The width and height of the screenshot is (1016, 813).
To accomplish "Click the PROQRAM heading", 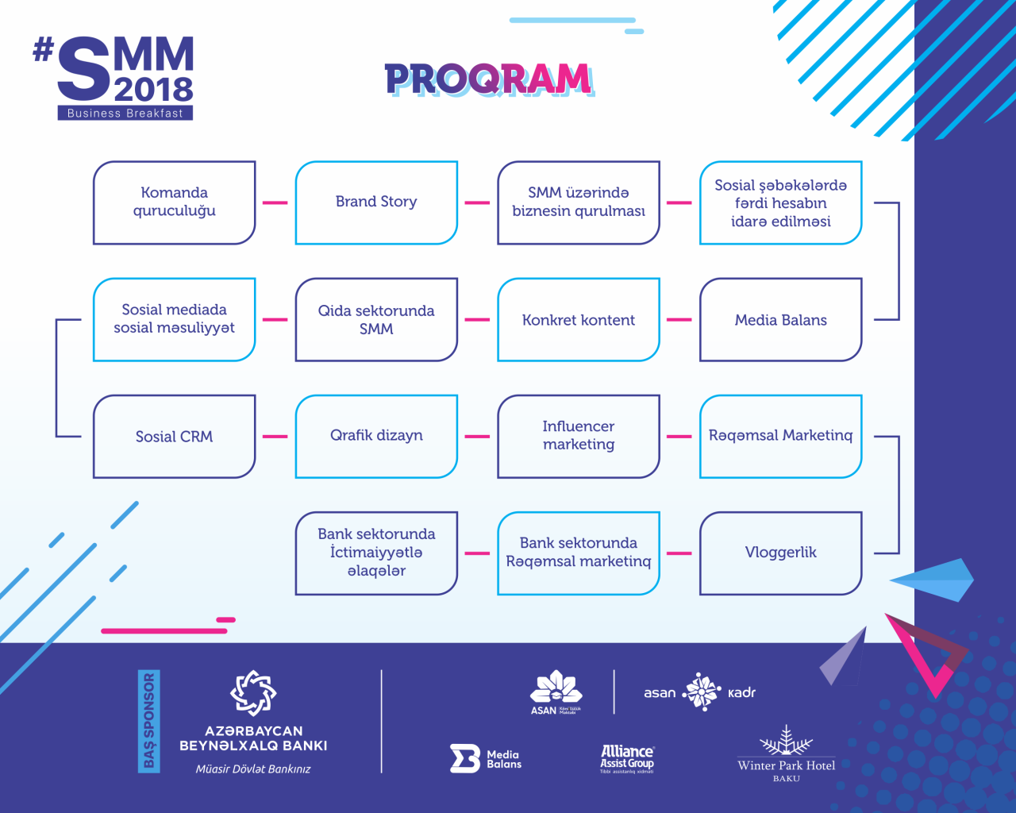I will (488, 79).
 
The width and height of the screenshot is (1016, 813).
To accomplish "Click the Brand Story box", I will (376, 202).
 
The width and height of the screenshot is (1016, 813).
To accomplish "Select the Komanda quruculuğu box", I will (174, 202).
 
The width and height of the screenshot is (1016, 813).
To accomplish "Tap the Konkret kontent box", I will (579, 320).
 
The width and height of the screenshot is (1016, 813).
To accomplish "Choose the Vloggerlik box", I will (780, 553).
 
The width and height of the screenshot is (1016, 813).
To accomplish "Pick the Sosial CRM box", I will (174, 437).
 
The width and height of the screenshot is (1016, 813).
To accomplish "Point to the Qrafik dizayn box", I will (376, 436).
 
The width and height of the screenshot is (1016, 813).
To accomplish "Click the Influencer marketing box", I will (579, 436).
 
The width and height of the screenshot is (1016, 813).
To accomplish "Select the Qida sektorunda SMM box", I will (376, 320).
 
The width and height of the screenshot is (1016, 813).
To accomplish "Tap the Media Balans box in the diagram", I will (780, 320).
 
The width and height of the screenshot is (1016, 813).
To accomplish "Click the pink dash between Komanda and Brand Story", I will (275, 202).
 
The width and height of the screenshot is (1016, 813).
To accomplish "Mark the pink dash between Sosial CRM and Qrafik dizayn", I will (275, 436).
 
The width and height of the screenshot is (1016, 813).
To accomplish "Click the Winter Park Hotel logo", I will (786, 754).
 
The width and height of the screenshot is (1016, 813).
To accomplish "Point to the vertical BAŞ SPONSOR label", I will (148, 721).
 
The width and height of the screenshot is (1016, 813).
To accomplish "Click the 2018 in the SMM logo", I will (154, 89).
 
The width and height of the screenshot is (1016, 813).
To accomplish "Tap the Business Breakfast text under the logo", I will (125, 114).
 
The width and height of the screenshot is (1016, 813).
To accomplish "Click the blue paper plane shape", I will (937, 580).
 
